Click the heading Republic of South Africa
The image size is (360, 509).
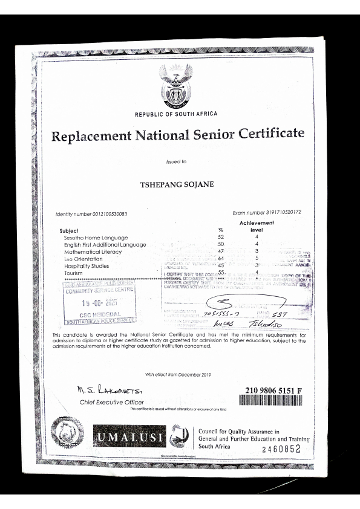click(x=176, y=114)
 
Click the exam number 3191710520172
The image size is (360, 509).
click(x=267, y=213)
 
